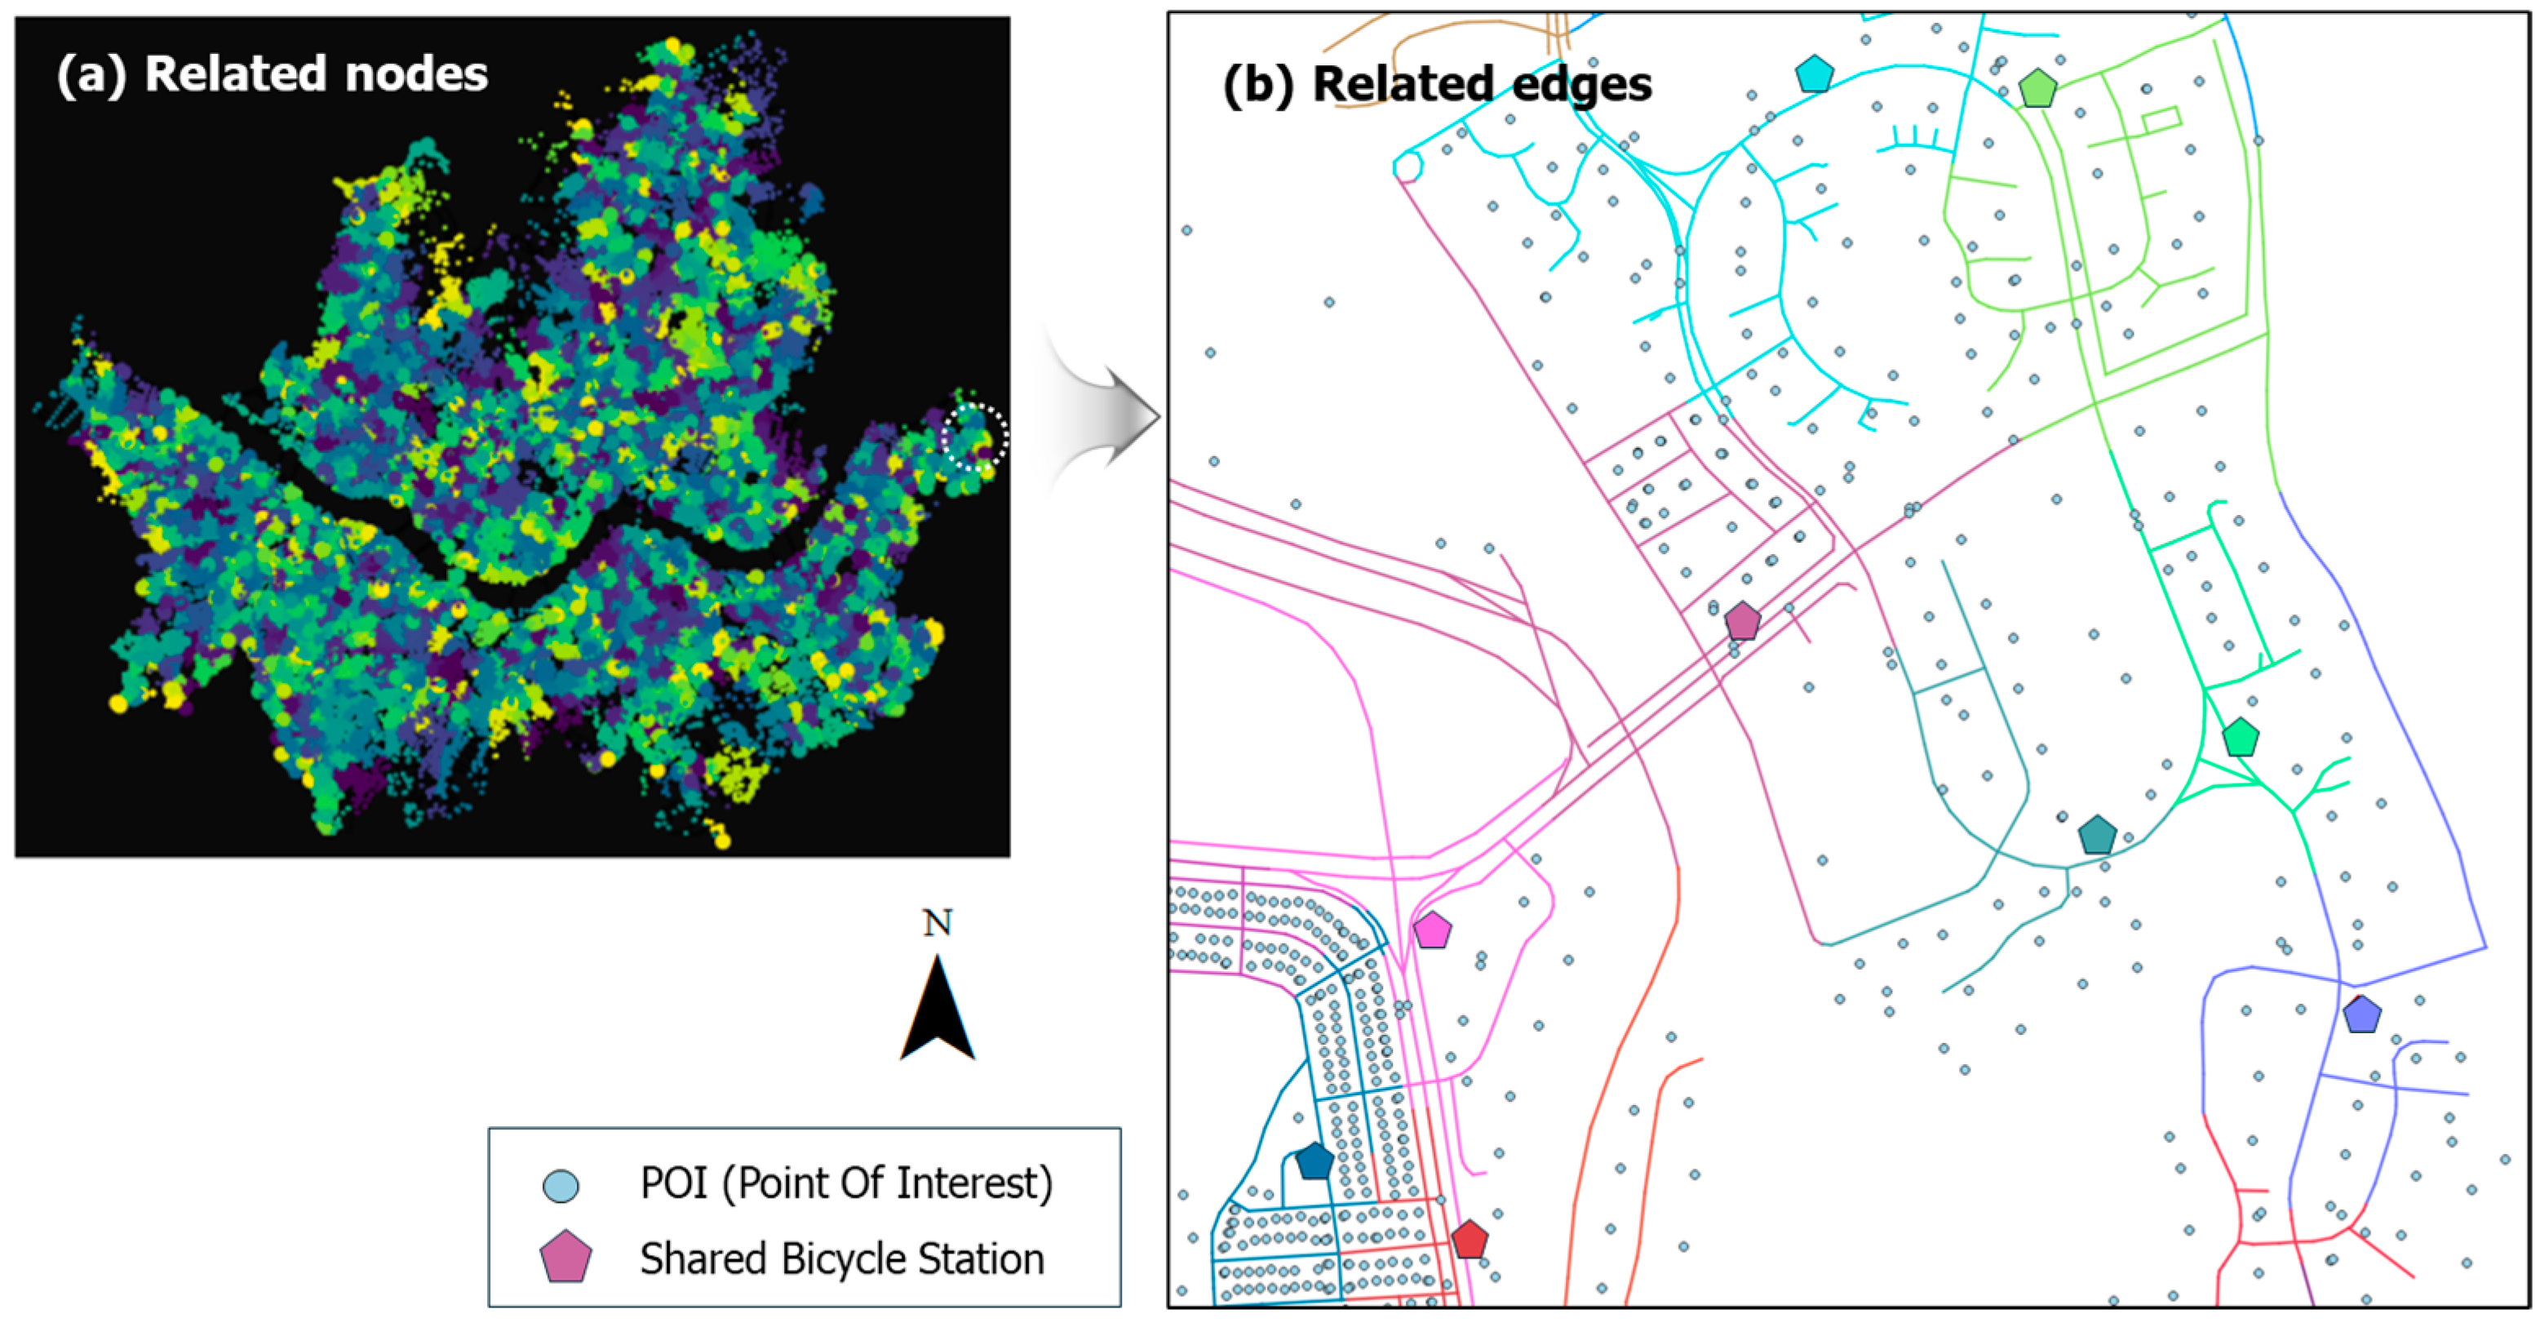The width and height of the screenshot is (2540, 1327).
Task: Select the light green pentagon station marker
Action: point(2037,89)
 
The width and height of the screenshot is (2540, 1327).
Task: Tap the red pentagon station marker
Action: point(1469,1239)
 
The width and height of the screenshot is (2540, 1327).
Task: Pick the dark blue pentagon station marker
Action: point(1314,1161)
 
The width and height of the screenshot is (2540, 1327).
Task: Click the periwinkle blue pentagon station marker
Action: point(2361,1014)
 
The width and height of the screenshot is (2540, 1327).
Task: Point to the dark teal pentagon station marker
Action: point(2097,835)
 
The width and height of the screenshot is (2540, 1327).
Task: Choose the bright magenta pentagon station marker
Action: point(1432,930)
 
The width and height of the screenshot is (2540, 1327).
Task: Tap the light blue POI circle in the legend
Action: point(561,1185)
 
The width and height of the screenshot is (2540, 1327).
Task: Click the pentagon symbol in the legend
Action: point(565,1258)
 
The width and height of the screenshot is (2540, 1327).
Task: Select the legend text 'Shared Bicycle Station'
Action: point(841,1259)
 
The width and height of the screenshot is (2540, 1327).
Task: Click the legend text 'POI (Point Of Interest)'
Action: point(846,1183)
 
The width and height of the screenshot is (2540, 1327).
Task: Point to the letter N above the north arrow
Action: point(937,923)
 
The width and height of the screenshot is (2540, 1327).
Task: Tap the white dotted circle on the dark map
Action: point(974,436)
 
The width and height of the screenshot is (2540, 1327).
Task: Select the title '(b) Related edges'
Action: point(1437,84)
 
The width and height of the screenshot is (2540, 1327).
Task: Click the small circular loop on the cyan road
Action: point(1407,167)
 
